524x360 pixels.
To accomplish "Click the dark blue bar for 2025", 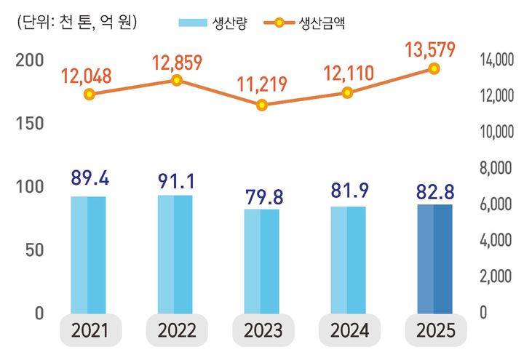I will click(x=434, y=259).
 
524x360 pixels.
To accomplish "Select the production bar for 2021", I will click(x=88, y=255).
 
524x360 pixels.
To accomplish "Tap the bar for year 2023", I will click(x=261, y=261).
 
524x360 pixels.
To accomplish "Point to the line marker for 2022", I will click(x=175, y=80).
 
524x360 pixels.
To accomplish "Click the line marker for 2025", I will click(x=434, y=68).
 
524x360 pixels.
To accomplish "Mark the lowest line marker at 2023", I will click(x=261, y=105).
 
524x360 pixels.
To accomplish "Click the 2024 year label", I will click(x=349, y=331).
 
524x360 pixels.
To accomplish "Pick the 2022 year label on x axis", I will click(x=175, y=331).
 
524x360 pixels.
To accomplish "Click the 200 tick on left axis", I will click(x=29, y=60).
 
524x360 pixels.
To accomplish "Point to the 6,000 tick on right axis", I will click(x=498, y=205).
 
